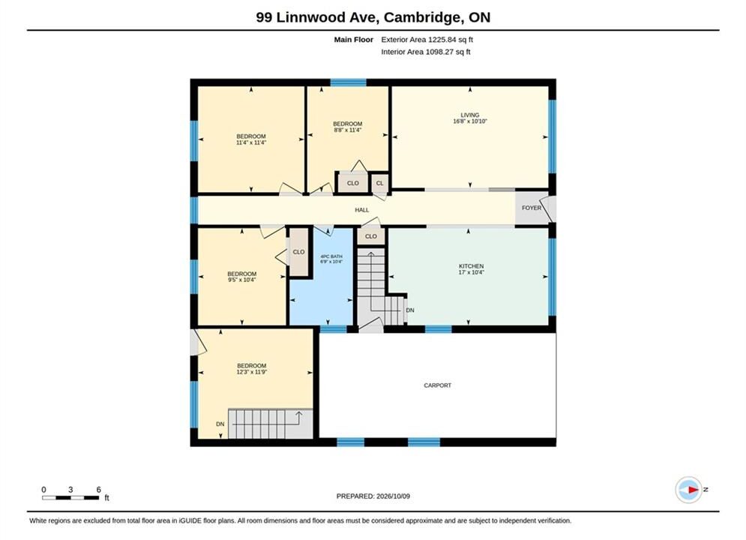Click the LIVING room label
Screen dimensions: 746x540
click(x=469, y=115)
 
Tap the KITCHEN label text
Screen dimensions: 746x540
click(x=471, y=266)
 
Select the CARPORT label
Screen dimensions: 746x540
click(x=437, y=385)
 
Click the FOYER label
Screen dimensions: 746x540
click(x=532, y=208)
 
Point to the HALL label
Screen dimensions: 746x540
click(x=361, y=210)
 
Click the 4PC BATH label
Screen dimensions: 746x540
click(x=331, y=256)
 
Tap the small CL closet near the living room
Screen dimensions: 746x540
click(x=379, y=183)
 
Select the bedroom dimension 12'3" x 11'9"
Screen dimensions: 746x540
click(x=251, y=372)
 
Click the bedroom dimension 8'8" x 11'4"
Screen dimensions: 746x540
click(x=347, y=130)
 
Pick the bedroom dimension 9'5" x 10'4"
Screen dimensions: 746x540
click(x=241, y=280)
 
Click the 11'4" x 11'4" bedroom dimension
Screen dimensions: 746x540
click(x=250, y=142)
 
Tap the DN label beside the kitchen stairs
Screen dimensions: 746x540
click(x=410, y=310)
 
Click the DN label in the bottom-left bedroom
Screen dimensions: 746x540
click(x=220, y=424)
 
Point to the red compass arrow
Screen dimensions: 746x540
click(x=694, y=490)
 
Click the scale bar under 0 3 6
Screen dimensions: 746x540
click(x=70, y=498)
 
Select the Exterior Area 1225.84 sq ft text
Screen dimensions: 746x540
click(x=427, y=40)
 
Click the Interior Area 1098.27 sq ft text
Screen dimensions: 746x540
click(x=425, y=52)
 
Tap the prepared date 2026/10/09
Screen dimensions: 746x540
click(x=393, y=496)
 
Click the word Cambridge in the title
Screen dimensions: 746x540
click(x=424, y=17)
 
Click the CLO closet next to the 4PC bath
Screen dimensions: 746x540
click(x=298, y=252)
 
